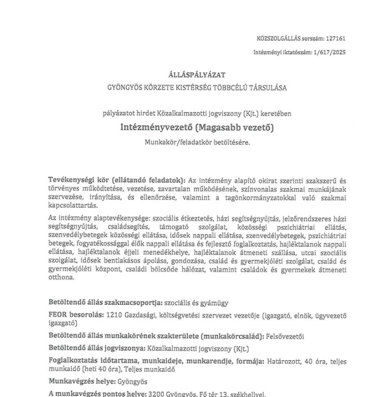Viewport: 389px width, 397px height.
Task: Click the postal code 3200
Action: [x=156, y=394]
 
